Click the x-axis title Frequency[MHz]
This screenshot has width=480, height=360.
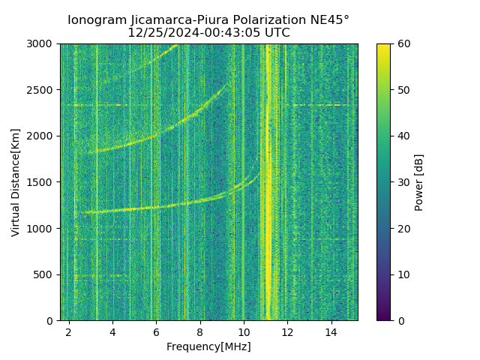208,346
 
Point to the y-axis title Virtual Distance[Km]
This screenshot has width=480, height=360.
16,182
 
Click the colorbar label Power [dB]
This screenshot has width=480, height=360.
419,182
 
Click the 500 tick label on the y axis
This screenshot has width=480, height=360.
45,274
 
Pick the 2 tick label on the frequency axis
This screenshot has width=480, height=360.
69,331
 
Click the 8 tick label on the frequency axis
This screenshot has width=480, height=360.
200,331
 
